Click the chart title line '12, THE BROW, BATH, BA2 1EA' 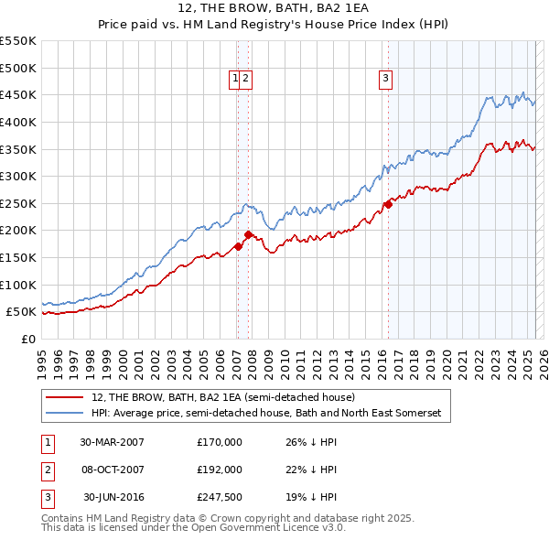coord(274,11)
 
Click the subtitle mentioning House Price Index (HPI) coord(274,27)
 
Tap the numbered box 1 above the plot coord(236,80)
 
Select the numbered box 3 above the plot coord(386,80)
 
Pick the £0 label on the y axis coord(27,339)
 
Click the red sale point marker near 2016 coord(388,204)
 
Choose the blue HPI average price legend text coord(265,414)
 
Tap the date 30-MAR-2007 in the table coord(112,441)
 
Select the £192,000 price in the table coord(219,470)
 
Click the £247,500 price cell coord(219,498)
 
